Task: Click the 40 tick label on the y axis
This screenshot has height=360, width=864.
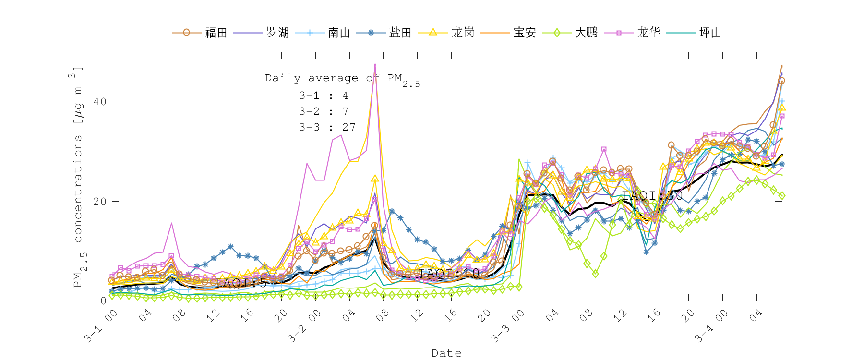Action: click(x=100, y=102)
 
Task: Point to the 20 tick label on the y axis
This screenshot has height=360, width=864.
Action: click(x=100, y=201)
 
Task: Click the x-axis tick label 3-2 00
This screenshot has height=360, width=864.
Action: click(x=304, y=326)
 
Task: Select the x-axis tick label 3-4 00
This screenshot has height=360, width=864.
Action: click(x=711, y=326)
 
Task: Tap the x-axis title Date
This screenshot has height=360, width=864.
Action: click(x=446, y=353)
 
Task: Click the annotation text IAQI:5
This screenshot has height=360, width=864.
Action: click(x=241, y=283)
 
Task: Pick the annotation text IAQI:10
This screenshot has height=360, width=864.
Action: click(x=449, y=274)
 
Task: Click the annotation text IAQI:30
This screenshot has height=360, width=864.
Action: click(x=652, y=195)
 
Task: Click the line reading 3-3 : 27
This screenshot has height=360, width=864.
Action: click(x=327, y=127)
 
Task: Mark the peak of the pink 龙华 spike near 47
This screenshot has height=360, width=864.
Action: click(x=375, y=64)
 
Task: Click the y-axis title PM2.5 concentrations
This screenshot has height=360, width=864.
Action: click(x=78, y=178)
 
